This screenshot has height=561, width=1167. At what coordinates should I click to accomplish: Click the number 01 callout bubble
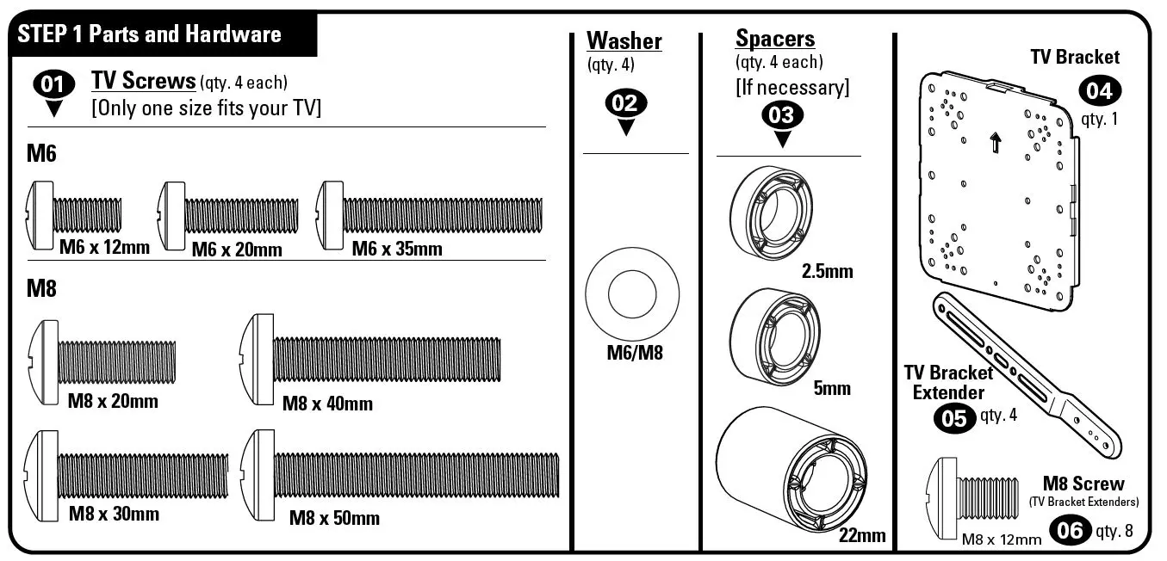click(x=53, y=84)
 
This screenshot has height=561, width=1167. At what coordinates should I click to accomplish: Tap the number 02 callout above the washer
click(x=626, y=103)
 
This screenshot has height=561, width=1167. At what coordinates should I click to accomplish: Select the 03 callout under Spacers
click(x=782, y=115)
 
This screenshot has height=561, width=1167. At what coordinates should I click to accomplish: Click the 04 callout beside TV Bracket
click(x=1100, y=90)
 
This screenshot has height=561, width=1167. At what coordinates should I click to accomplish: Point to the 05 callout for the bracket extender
click(x=954, y=418)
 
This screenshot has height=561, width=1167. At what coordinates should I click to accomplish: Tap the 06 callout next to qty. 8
click(x=1069, y=530)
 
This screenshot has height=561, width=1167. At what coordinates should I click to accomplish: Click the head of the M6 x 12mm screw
click(x=40, y=215)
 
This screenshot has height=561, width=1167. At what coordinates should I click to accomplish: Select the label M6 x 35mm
click(x=396, y=250)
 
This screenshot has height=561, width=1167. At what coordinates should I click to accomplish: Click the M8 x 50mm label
click(x=333, y=518)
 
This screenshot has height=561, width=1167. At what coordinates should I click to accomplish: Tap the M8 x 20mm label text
click(x=113, y=401)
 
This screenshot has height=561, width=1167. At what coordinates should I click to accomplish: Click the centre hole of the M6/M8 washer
click(x=632, y=294)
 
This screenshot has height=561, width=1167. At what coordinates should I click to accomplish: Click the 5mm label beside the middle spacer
click(x=831, y=388)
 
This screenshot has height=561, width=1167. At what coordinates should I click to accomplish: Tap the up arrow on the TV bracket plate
click(x=996, y=142)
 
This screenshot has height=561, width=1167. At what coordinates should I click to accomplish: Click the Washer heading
click(x=624, y=40)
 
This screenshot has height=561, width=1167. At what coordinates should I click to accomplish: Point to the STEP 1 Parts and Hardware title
click(x=149, y=34)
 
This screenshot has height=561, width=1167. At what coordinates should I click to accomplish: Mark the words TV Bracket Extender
click(x=947, y=383)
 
